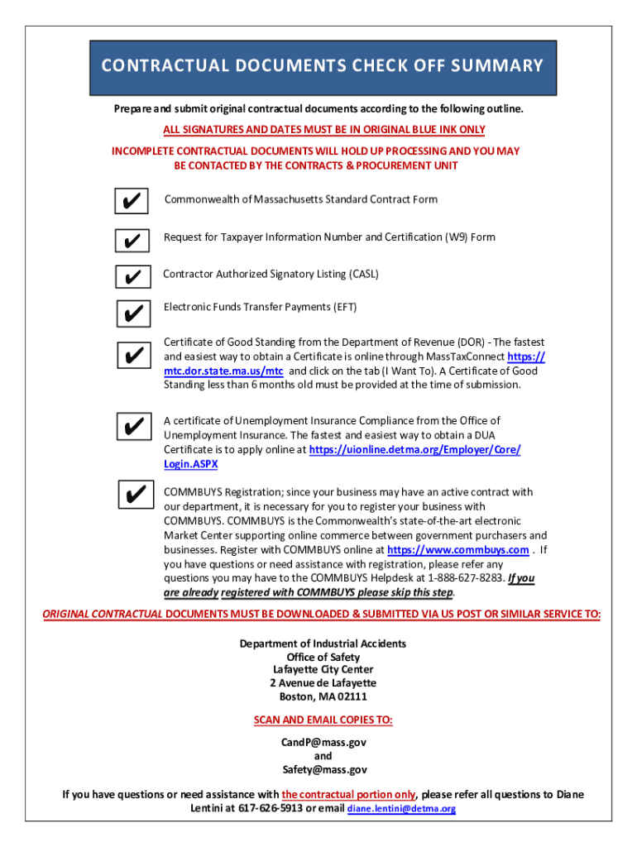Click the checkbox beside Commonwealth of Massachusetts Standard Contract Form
tap(132, 202)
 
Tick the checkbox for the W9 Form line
tap(132, 241)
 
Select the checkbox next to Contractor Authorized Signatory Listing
tap(132, 276)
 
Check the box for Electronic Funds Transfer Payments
tap(132, 313)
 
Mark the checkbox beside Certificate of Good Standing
tap(132, 356)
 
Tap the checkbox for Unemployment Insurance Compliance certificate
tap(132, 427)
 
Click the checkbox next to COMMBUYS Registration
tap(132, 494)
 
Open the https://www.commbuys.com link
tap(458, 550)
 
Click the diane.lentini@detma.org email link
tap(401, 809)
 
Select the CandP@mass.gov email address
tap(323, 742)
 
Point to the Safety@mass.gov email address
tap(323, 769)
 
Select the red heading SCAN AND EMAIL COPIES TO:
tap(323, 720)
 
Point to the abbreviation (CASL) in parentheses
tap(364, 274)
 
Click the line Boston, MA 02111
tap(323, 696)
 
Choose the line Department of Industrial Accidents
tap(323, 644)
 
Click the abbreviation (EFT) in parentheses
tap(344, 307)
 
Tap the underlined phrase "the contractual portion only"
tap(348, 794)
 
